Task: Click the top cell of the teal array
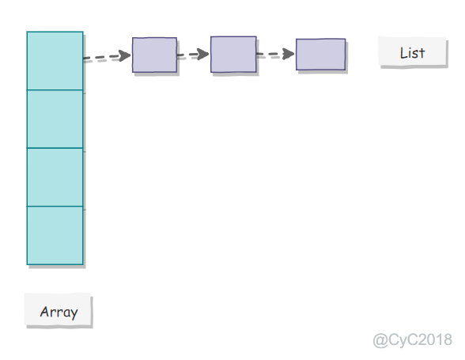pos(55,61)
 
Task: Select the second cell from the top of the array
pos(55,119)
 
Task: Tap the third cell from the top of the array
pos(55,177)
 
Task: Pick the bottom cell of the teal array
pos(55,235)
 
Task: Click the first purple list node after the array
pos(154,55)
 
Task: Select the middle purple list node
pos(233,55)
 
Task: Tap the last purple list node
pos(320,55)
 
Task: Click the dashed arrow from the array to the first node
pos(107,56)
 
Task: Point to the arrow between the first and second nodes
pos(193,55)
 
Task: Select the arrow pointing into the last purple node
pos(275,54)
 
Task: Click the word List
pos(412,53)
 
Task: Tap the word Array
pos(59,313)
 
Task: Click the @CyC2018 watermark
pos(413,339)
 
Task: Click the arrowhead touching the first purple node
pos(125,56)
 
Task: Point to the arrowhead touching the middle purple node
pos(203,54)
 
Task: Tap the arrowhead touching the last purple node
pos(289,54)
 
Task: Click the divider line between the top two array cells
pos(55,90)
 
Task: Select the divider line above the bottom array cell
pos(55,206)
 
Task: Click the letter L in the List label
pos(403,53)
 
